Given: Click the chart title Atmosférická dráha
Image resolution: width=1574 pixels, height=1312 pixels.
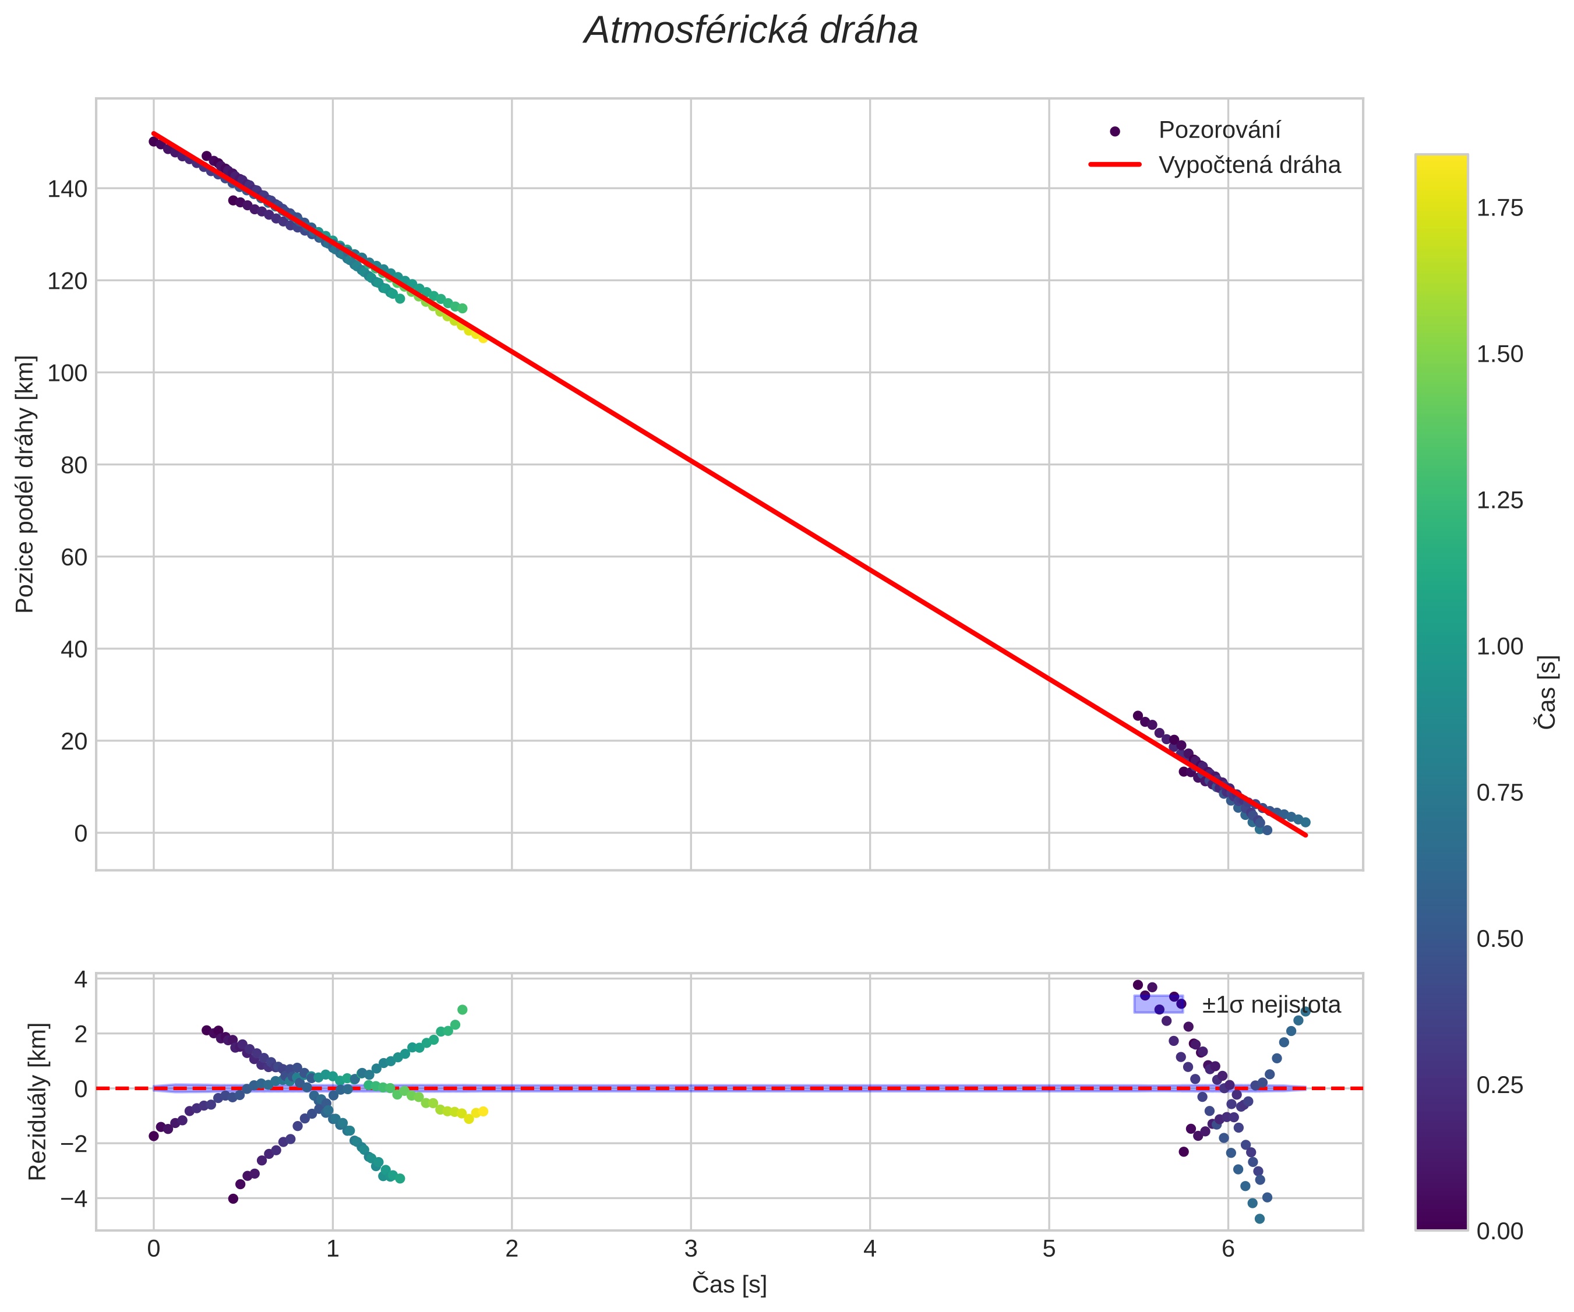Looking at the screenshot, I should (x=751, y=31).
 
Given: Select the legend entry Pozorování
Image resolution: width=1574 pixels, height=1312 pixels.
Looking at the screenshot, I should (x=1219, y=130).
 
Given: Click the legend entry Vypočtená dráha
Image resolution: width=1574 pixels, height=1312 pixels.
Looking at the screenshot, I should (x=1249, y=165).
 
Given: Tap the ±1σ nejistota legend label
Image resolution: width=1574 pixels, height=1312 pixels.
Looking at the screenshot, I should (x=1271, y=1005).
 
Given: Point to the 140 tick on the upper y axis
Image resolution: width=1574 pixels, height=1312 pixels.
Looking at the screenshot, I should (x=68, y=189).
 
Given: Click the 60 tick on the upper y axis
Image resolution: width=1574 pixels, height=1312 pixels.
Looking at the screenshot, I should (x=74, y=557).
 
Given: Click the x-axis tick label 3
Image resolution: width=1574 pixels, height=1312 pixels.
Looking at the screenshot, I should (x=690, y=1249).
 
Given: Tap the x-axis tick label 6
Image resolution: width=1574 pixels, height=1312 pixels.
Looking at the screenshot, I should (x=1228, y=1249).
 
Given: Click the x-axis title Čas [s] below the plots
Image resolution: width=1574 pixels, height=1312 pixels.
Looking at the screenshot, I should (x=729, y=1284).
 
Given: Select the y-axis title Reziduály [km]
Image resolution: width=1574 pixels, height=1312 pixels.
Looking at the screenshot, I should (x=37, y=1101).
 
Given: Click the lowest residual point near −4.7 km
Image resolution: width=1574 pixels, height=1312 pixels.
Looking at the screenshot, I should (x=1259, y=1219).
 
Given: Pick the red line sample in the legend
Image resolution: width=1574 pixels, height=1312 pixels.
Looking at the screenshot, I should (x=1114, y=165).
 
